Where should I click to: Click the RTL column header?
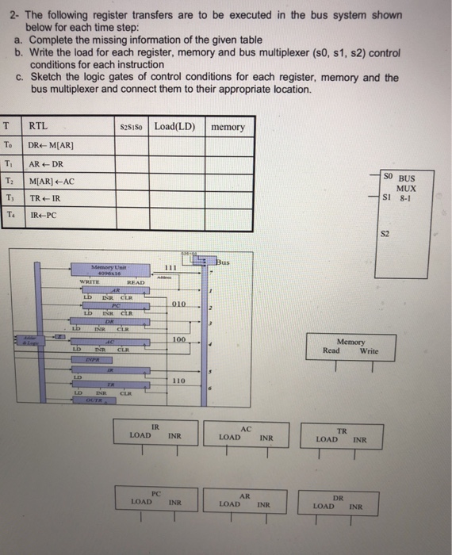click(37, 125)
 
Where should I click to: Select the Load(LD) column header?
click(175, 125)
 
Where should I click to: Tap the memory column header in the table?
click(228, 126)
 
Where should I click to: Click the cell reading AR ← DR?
click(46, 163)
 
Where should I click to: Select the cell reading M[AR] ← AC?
click(52, 181)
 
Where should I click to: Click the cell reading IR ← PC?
click(43, 215)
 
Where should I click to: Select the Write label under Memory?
click(369, 350)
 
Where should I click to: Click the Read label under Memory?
click(331, 350)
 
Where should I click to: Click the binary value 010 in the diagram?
click(178, 303)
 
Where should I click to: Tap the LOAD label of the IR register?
click(140, 435)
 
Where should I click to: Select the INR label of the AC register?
click(266, 437)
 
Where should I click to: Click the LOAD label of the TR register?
click(326, 438)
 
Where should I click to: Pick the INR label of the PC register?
click(175, 502)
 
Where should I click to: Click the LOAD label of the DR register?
click(324, 504)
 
